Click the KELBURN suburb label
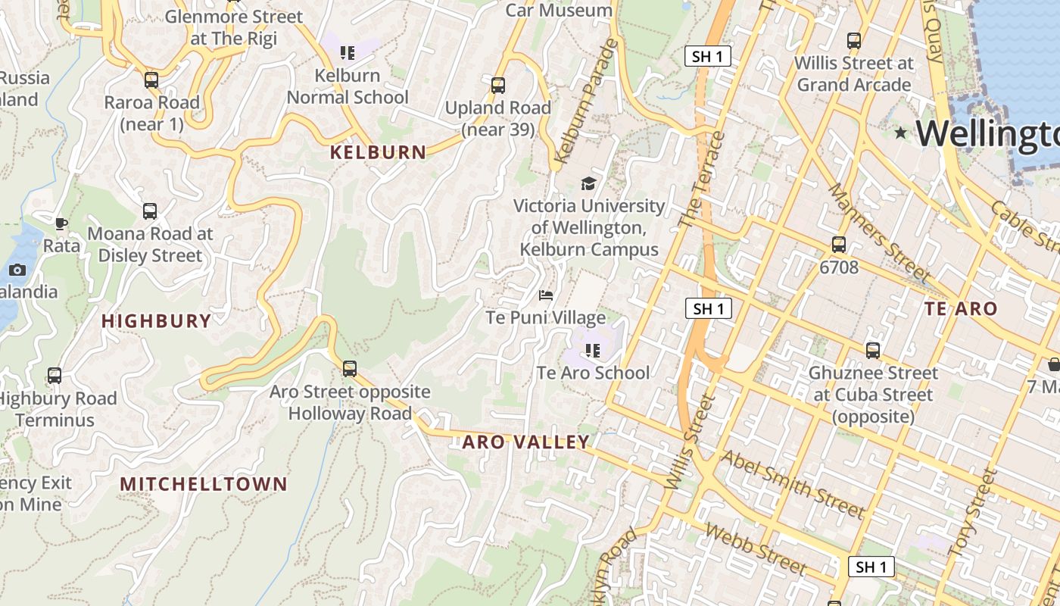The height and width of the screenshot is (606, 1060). click(x=378, y=152)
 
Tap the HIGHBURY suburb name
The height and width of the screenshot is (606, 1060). click(x=156, y=321)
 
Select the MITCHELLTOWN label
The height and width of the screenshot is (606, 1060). click(x=204, y=484)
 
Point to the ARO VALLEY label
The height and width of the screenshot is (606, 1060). click(x=525, y=442)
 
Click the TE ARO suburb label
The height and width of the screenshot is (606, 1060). click(x=961, y=309)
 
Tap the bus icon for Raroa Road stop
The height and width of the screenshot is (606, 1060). click(x=151, y=80)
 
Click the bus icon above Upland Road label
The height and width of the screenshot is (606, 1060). click(x=497, y=86)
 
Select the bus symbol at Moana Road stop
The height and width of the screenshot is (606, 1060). click(x=150, y=212)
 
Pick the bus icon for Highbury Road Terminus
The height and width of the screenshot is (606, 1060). click(x=55, y=376)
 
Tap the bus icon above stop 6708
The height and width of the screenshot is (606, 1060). click(x=838, y=245)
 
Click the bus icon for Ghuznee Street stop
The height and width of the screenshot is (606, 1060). click(x=873, y=351)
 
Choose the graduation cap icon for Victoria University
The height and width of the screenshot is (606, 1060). click(x=588, y=183)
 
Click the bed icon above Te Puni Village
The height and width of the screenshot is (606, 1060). click(x=546, y=295)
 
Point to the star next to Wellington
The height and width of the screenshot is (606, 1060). click(x=900, y=133)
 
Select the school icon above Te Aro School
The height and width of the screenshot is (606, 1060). click(x=593, y=350)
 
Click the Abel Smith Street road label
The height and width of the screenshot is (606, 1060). click(x=792, y=485)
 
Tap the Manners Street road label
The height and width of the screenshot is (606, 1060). click(x=878, y=231)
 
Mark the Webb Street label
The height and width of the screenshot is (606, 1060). click(x=755, y=548)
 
